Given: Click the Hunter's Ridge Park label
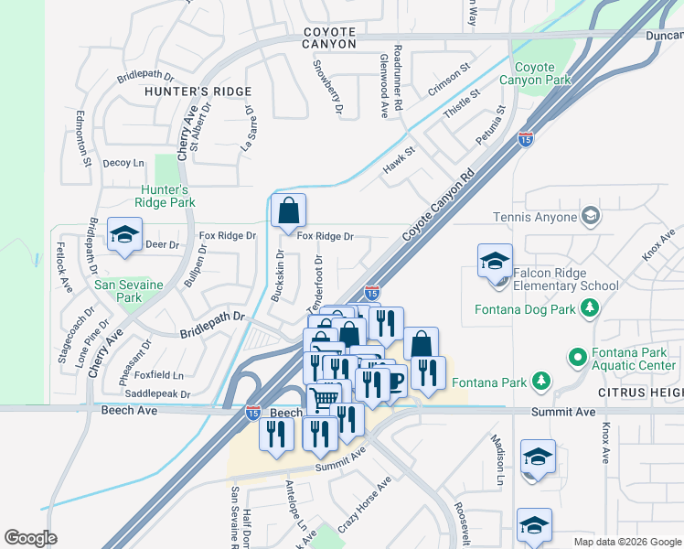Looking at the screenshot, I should coord(166,196).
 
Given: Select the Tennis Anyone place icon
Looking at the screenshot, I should coord(591,217).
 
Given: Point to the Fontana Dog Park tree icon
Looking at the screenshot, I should coord(591,309).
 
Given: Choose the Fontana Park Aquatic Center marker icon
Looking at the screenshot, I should coord(577,356).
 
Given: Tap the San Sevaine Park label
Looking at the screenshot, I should coord(128,291).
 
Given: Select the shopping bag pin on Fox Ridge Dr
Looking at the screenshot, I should coord(288,211).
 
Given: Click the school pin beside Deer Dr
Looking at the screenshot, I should coord(124,235).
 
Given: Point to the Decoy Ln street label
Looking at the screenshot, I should coord(123,164).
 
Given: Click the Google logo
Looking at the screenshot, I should coord(30,538).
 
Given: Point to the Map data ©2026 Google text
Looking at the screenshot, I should coord(627,542).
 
